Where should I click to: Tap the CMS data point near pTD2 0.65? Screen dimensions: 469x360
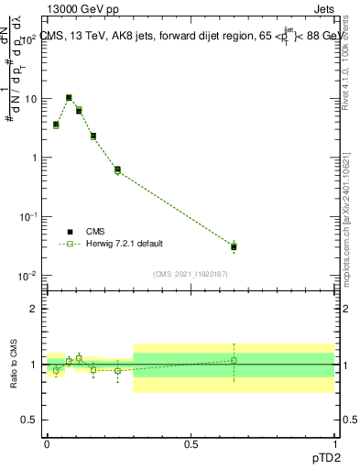pos(234,246)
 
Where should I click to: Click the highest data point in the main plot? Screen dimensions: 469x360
pos(69,97)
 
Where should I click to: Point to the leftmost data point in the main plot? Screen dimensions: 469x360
pos(56,125)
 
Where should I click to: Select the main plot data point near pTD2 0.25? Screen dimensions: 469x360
pos(117,169)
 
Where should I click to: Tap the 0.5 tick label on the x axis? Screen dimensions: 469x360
pos(191,443)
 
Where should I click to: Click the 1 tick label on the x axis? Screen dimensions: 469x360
pos(334,443)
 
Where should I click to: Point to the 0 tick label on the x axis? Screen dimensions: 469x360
pos(47,443)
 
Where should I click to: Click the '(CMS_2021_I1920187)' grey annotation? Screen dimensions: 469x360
pos(191,274)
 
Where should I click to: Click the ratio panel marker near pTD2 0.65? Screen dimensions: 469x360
pos(234,360)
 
